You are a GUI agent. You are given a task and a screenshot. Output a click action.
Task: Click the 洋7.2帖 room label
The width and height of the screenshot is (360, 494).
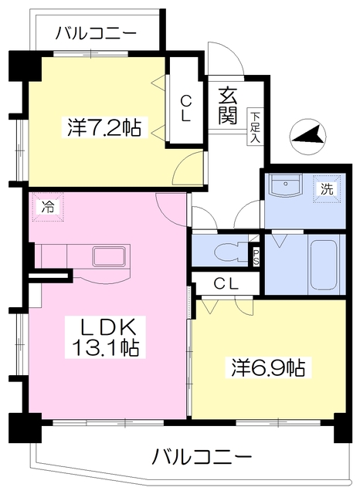coord(103,128)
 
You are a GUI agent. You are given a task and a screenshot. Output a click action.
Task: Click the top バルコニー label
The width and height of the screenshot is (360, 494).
coord(97,35)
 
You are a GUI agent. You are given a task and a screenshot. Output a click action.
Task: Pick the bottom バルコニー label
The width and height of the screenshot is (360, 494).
coord(202,455)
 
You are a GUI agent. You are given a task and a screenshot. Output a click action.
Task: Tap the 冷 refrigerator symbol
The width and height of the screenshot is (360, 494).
coord(48,207)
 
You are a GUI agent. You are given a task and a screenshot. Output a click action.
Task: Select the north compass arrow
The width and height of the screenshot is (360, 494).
coord(307,137)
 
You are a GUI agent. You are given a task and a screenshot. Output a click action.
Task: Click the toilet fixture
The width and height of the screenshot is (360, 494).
coord(227,252)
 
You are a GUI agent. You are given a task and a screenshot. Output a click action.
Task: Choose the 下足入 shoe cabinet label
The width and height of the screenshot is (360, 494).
coord(254,128)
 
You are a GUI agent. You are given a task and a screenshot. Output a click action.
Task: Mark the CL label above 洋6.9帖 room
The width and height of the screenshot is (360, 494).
coord(226,283)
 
